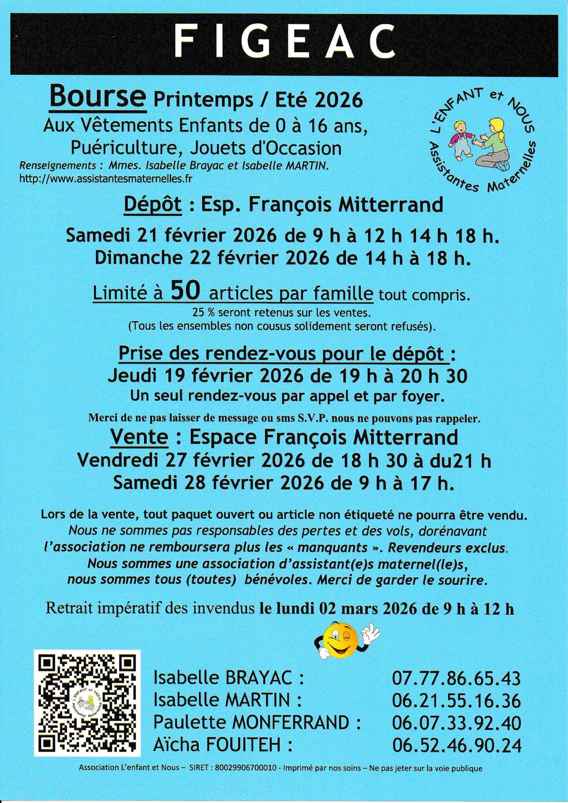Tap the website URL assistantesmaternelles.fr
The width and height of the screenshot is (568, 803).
click(106, 179)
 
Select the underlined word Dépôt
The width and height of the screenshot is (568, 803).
click(153, 205)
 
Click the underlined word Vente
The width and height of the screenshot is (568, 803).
click(139, 437)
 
